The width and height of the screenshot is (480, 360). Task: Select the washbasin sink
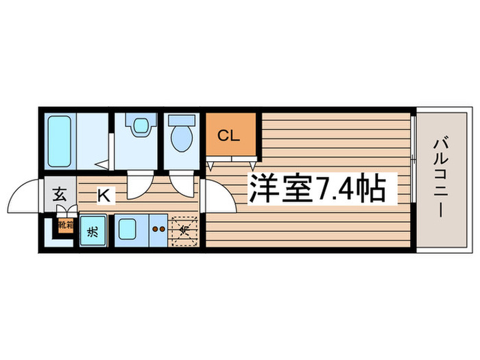(x=141, y=126)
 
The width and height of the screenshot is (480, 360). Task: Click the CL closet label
(x=228, y=135)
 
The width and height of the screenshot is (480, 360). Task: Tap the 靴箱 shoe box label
(x=64, y=225)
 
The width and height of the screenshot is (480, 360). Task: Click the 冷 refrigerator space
(x=183, y=230)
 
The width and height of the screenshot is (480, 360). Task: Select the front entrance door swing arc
(x=26, y=197)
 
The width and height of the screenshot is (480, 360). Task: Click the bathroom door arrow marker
(x=101, y=165)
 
